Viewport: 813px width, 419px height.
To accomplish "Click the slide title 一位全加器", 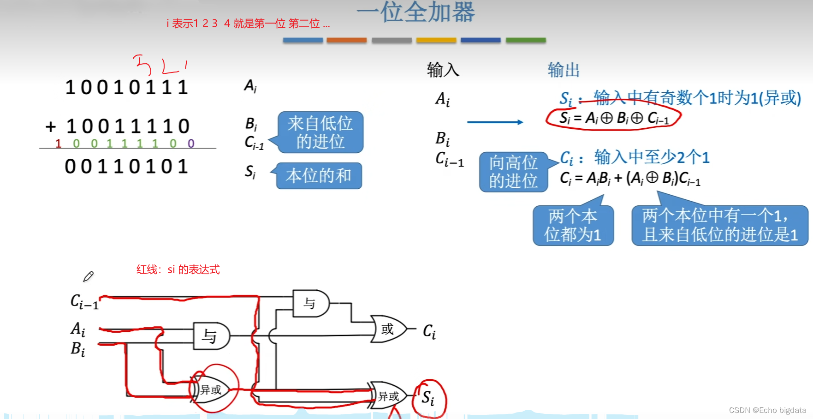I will pos(415,12).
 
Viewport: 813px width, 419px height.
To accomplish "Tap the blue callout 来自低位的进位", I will pos(320,132).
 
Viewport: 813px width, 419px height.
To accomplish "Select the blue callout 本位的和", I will pos(319,175).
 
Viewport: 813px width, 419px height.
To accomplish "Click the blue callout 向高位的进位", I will pos(513,172).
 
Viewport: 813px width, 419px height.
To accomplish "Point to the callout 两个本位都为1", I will pos(573,225).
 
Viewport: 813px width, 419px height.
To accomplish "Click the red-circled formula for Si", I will pos(613,118).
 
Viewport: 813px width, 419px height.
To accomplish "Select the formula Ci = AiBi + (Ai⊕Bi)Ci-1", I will pos(630,178).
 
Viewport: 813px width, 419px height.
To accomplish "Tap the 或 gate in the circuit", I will pos(388,329).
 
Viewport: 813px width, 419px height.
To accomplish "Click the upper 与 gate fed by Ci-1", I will pos(310,303).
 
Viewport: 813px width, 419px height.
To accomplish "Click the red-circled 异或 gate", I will pos(211,390).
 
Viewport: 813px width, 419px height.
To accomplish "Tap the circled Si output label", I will pos(428,397).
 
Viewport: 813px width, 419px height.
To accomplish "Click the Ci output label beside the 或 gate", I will pos(429,331).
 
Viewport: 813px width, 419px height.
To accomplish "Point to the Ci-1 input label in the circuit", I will pos(84,302).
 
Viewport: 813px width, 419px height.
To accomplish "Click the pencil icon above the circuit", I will pos(88,276).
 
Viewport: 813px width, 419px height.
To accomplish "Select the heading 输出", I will pos(563,70).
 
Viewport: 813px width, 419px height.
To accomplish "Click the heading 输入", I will pos(443,70).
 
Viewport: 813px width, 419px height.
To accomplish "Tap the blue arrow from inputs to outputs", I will pos(495,122).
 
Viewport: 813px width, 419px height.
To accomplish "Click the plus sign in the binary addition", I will pos(51,126).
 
